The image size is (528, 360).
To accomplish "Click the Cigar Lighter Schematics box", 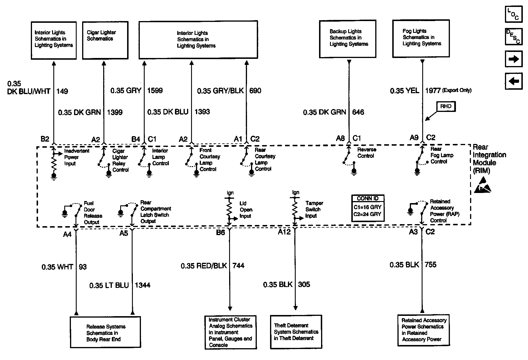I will pos(105,40).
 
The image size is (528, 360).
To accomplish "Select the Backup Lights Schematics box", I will pos(348,39).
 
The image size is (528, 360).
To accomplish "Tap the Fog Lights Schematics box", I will pos(421,38).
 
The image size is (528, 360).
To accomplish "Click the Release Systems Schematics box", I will pos(105,332).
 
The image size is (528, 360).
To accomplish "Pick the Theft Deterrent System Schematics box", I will pos(296,332).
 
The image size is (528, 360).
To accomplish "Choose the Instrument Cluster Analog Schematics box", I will pos(231,332).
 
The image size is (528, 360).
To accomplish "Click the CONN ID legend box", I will pos(368,208).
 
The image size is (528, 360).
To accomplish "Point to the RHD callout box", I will pos(446,106).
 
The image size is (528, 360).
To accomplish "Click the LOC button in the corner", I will pos(513,14).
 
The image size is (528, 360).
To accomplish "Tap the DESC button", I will pos(513,37).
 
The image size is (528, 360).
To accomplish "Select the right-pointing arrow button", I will pos(513,59).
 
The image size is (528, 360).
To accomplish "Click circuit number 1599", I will pos(155,91).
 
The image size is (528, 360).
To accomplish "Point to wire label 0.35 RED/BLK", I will pos(204,266).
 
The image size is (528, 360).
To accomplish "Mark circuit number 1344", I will pos(143,285).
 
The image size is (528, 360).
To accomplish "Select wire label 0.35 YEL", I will pos(404,91).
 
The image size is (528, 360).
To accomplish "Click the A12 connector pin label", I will pos(284,232).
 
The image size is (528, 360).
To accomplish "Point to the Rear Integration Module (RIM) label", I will pos(489,159).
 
